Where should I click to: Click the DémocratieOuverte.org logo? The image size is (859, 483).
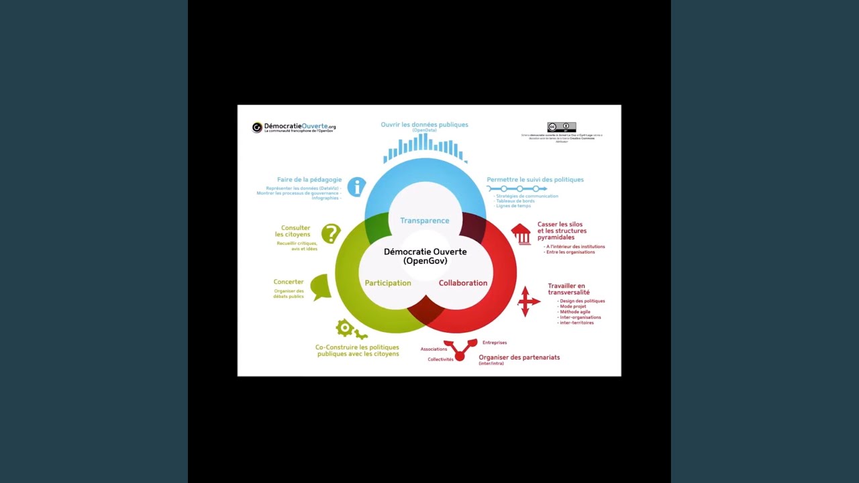coord(293,127)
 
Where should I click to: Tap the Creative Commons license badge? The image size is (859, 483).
coord(561,127)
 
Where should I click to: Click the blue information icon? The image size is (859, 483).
coord(356,186)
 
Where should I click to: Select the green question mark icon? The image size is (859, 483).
coord(331,233)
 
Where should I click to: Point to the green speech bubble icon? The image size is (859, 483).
coord(321,286)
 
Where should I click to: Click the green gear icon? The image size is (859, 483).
coord(345,327)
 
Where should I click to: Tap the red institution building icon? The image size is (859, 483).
coord(521,234)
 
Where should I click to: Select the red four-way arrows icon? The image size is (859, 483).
coord(528,301)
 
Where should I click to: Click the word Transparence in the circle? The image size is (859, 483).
coord(425,221)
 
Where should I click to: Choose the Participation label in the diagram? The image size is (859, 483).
coord(388,283)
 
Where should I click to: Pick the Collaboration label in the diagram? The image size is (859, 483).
coord(463,283)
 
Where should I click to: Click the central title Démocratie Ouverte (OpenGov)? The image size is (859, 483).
coord(425,256)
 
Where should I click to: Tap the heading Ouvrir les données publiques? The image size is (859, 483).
coord(424,125)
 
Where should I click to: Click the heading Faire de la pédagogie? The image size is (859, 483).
coord(309,180)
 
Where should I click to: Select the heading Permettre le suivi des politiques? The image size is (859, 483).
coord(535,180)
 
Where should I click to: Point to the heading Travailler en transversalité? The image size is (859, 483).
coord(567,289)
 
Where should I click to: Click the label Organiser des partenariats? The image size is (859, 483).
coord(519,358)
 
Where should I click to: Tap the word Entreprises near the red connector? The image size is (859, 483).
coord(495,343)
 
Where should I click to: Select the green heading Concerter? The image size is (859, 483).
coord(289,282)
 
